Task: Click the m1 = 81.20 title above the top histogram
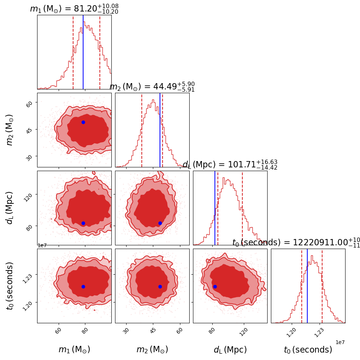(74, 9)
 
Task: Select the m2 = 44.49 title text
(152, 87)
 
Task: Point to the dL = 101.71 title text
(230, 164)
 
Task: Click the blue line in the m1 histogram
(83, 52)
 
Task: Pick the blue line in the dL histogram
(215, 208)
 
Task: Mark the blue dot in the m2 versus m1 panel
(83, 122)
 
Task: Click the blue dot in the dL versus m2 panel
(160, 223)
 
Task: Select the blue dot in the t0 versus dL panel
(215, 287)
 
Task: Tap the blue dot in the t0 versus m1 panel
(83, 287)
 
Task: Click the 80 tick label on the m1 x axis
(85, 331)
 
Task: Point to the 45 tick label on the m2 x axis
(153, 331)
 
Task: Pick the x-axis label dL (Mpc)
(230, 350)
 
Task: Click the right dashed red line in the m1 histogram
(100, 52)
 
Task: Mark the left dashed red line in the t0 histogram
(302, 286)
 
